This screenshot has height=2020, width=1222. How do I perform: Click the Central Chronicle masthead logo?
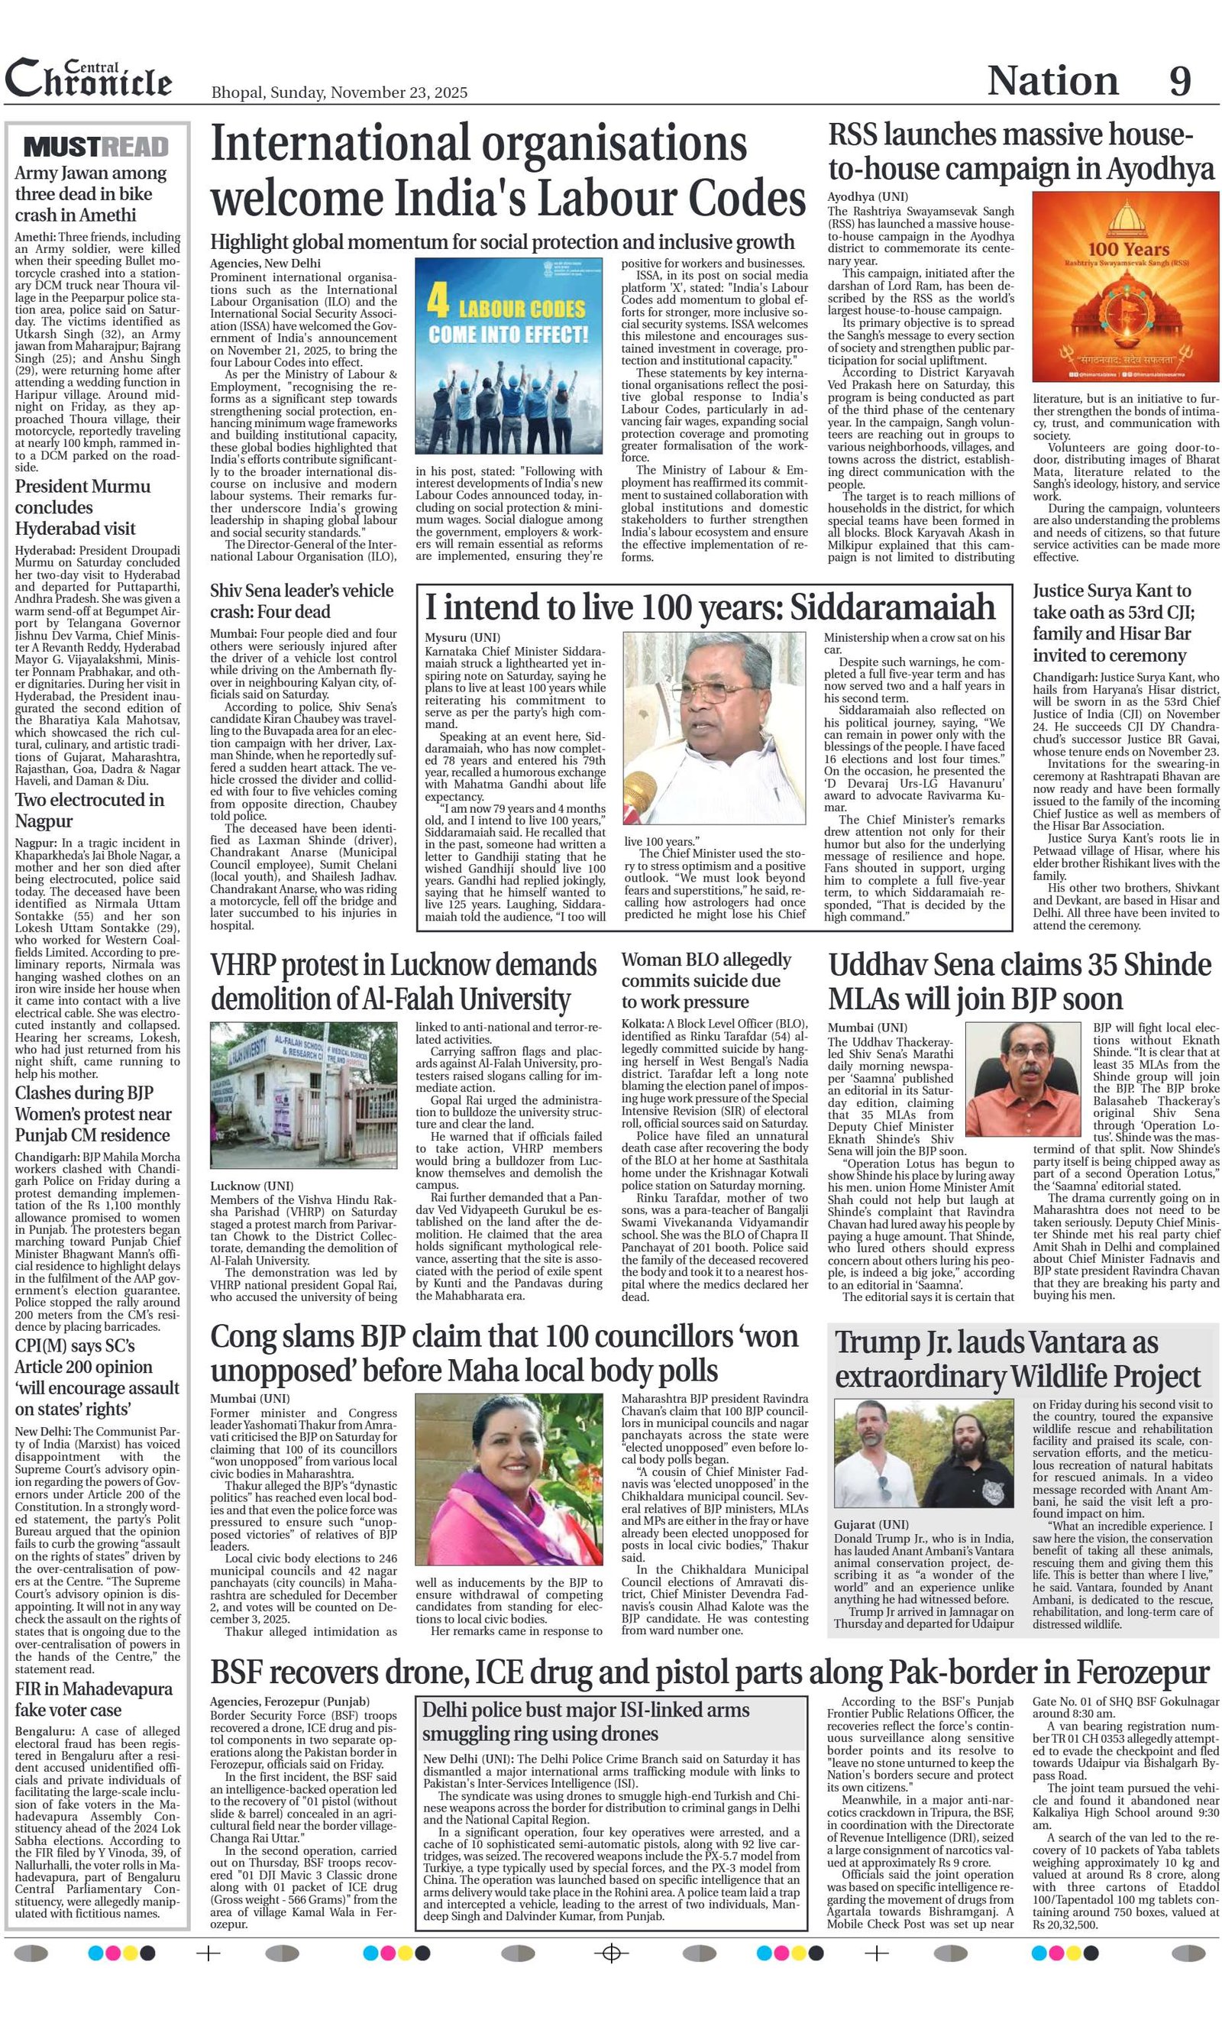coord(89,79)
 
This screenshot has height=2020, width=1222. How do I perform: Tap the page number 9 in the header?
coord(1179,81)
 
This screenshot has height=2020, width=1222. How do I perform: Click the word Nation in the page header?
coord(1052,81)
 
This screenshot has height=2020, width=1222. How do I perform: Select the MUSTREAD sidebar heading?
coord(97,147)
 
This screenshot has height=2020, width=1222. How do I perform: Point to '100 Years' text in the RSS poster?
coord(1127,248)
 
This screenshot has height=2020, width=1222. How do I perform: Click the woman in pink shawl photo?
coord(509,1480)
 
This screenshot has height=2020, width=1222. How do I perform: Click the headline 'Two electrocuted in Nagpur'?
coord(89,810)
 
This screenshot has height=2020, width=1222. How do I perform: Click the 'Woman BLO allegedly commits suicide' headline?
coord(706,979)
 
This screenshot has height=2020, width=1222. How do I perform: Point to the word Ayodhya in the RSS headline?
coord(1159,169)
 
